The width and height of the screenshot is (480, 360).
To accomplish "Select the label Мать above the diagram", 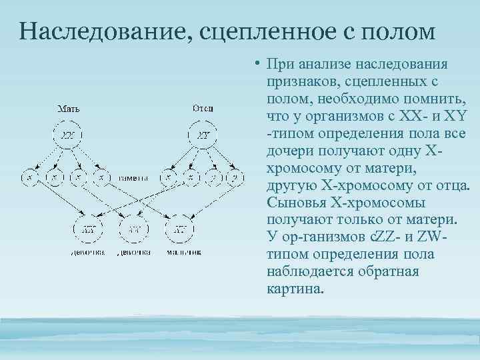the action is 68,108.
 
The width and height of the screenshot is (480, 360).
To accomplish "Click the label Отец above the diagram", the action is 203,108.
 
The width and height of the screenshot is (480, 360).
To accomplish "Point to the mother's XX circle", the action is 68,135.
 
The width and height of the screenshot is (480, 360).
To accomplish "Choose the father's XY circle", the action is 204,135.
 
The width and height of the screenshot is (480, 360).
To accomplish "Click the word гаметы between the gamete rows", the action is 135,178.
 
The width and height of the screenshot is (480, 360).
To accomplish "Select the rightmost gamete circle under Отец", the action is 234,177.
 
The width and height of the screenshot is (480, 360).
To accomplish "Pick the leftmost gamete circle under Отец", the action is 171,177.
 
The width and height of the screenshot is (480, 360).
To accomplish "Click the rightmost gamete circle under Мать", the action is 101,177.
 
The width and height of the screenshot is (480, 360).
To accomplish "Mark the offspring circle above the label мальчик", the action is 180,229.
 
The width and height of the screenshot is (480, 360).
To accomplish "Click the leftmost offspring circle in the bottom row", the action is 88,229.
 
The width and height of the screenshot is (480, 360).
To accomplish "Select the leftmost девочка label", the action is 87,253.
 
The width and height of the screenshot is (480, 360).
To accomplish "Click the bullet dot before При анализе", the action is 257,65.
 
